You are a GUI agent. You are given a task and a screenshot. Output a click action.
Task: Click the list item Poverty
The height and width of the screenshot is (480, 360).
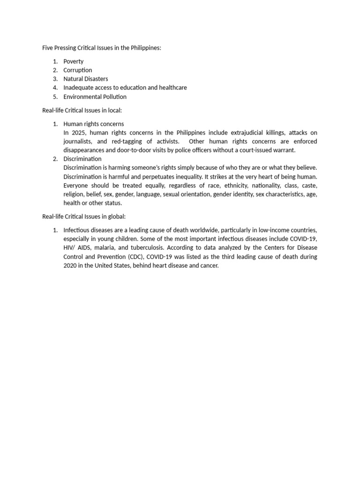pyautogui.click(x=74, y=61)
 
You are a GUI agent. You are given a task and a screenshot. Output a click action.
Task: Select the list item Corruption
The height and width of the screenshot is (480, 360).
pyautogui.click(x=78, y=70)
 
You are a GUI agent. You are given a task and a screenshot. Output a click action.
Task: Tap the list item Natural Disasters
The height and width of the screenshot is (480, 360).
pyautogui.click(x=85, y=79)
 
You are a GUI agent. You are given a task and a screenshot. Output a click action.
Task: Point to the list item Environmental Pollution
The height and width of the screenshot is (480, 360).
pyautogui.click(x=95, y=97)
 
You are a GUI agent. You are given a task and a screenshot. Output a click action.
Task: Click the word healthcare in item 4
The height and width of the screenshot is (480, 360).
pyautogui.click(x=172, y=88)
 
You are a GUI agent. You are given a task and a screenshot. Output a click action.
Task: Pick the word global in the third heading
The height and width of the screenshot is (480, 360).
pyautogui.click(x=117, y=217)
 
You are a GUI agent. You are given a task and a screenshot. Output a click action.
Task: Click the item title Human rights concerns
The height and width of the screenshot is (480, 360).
pyautogui.click(x=94, y=124)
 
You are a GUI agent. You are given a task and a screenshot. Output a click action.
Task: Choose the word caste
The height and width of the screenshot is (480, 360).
pyautogui.click(x=309, y=186)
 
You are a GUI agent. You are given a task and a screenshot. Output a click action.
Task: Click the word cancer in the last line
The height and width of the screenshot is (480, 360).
pyautogui.click(x=209, y=266)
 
